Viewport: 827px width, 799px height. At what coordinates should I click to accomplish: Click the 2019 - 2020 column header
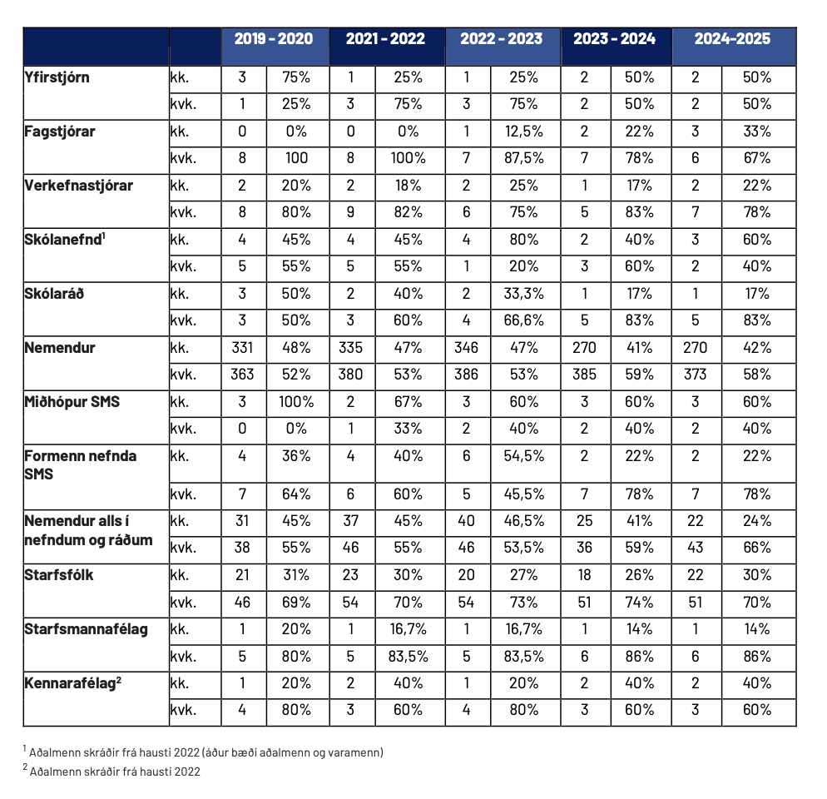(273, 39)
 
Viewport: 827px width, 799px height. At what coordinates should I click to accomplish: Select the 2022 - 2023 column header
(501, 39)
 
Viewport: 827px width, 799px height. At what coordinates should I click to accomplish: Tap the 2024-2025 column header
(732, 39)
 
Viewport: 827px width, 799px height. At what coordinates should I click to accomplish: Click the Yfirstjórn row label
(57, 78)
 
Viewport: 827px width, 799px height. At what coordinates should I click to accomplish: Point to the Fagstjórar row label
(60, 132)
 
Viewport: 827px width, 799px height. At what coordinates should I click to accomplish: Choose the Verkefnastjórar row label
(78, 186)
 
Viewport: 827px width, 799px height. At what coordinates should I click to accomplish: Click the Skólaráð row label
(54, 294)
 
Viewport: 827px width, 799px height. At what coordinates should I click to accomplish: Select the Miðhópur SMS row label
(72, 402)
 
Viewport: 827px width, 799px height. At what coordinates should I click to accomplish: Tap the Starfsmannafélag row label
(86, 629)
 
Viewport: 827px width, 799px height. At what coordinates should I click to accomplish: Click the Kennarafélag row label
(72, 683)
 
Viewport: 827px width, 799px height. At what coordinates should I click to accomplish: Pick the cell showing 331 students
(242, 348)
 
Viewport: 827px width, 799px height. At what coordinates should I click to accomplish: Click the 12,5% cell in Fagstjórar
(523, 132)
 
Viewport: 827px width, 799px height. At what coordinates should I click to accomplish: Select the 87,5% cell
(523, 158)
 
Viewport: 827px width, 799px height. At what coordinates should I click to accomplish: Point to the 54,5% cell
(523, 456)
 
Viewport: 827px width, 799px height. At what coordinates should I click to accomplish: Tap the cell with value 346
(466, 348)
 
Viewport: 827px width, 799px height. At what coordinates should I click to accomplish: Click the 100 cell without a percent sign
(296, 158)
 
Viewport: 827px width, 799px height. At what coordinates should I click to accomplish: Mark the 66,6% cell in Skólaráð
(523, 320)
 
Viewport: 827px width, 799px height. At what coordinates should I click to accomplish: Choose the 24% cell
(757, 521)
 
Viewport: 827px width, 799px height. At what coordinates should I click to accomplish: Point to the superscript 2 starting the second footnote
(25, 767)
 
